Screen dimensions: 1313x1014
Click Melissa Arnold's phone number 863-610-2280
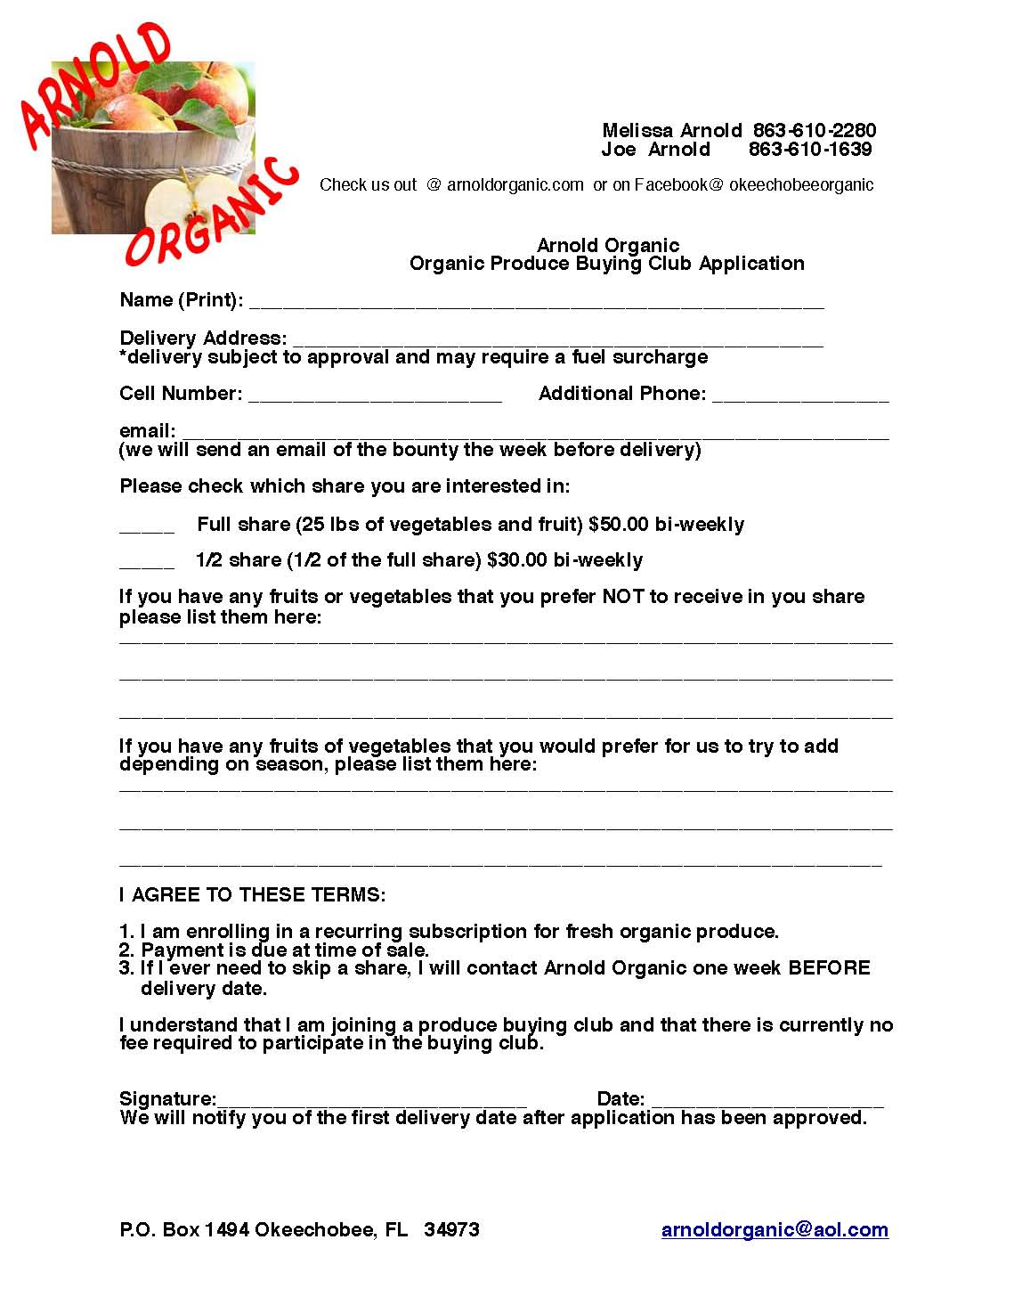814,131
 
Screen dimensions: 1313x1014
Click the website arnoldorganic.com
515,185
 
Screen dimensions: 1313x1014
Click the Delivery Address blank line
557,341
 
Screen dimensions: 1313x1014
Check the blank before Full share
147,528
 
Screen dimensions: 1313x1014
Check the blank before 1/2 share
147,564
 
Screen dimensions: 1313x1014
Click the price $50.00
619,525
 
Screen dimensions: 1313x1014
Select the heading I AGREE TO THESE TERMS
253,894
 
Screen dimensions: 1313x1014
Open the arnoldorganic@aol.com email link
775,1230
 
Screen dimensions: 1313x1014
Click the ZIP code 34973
451,1230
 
